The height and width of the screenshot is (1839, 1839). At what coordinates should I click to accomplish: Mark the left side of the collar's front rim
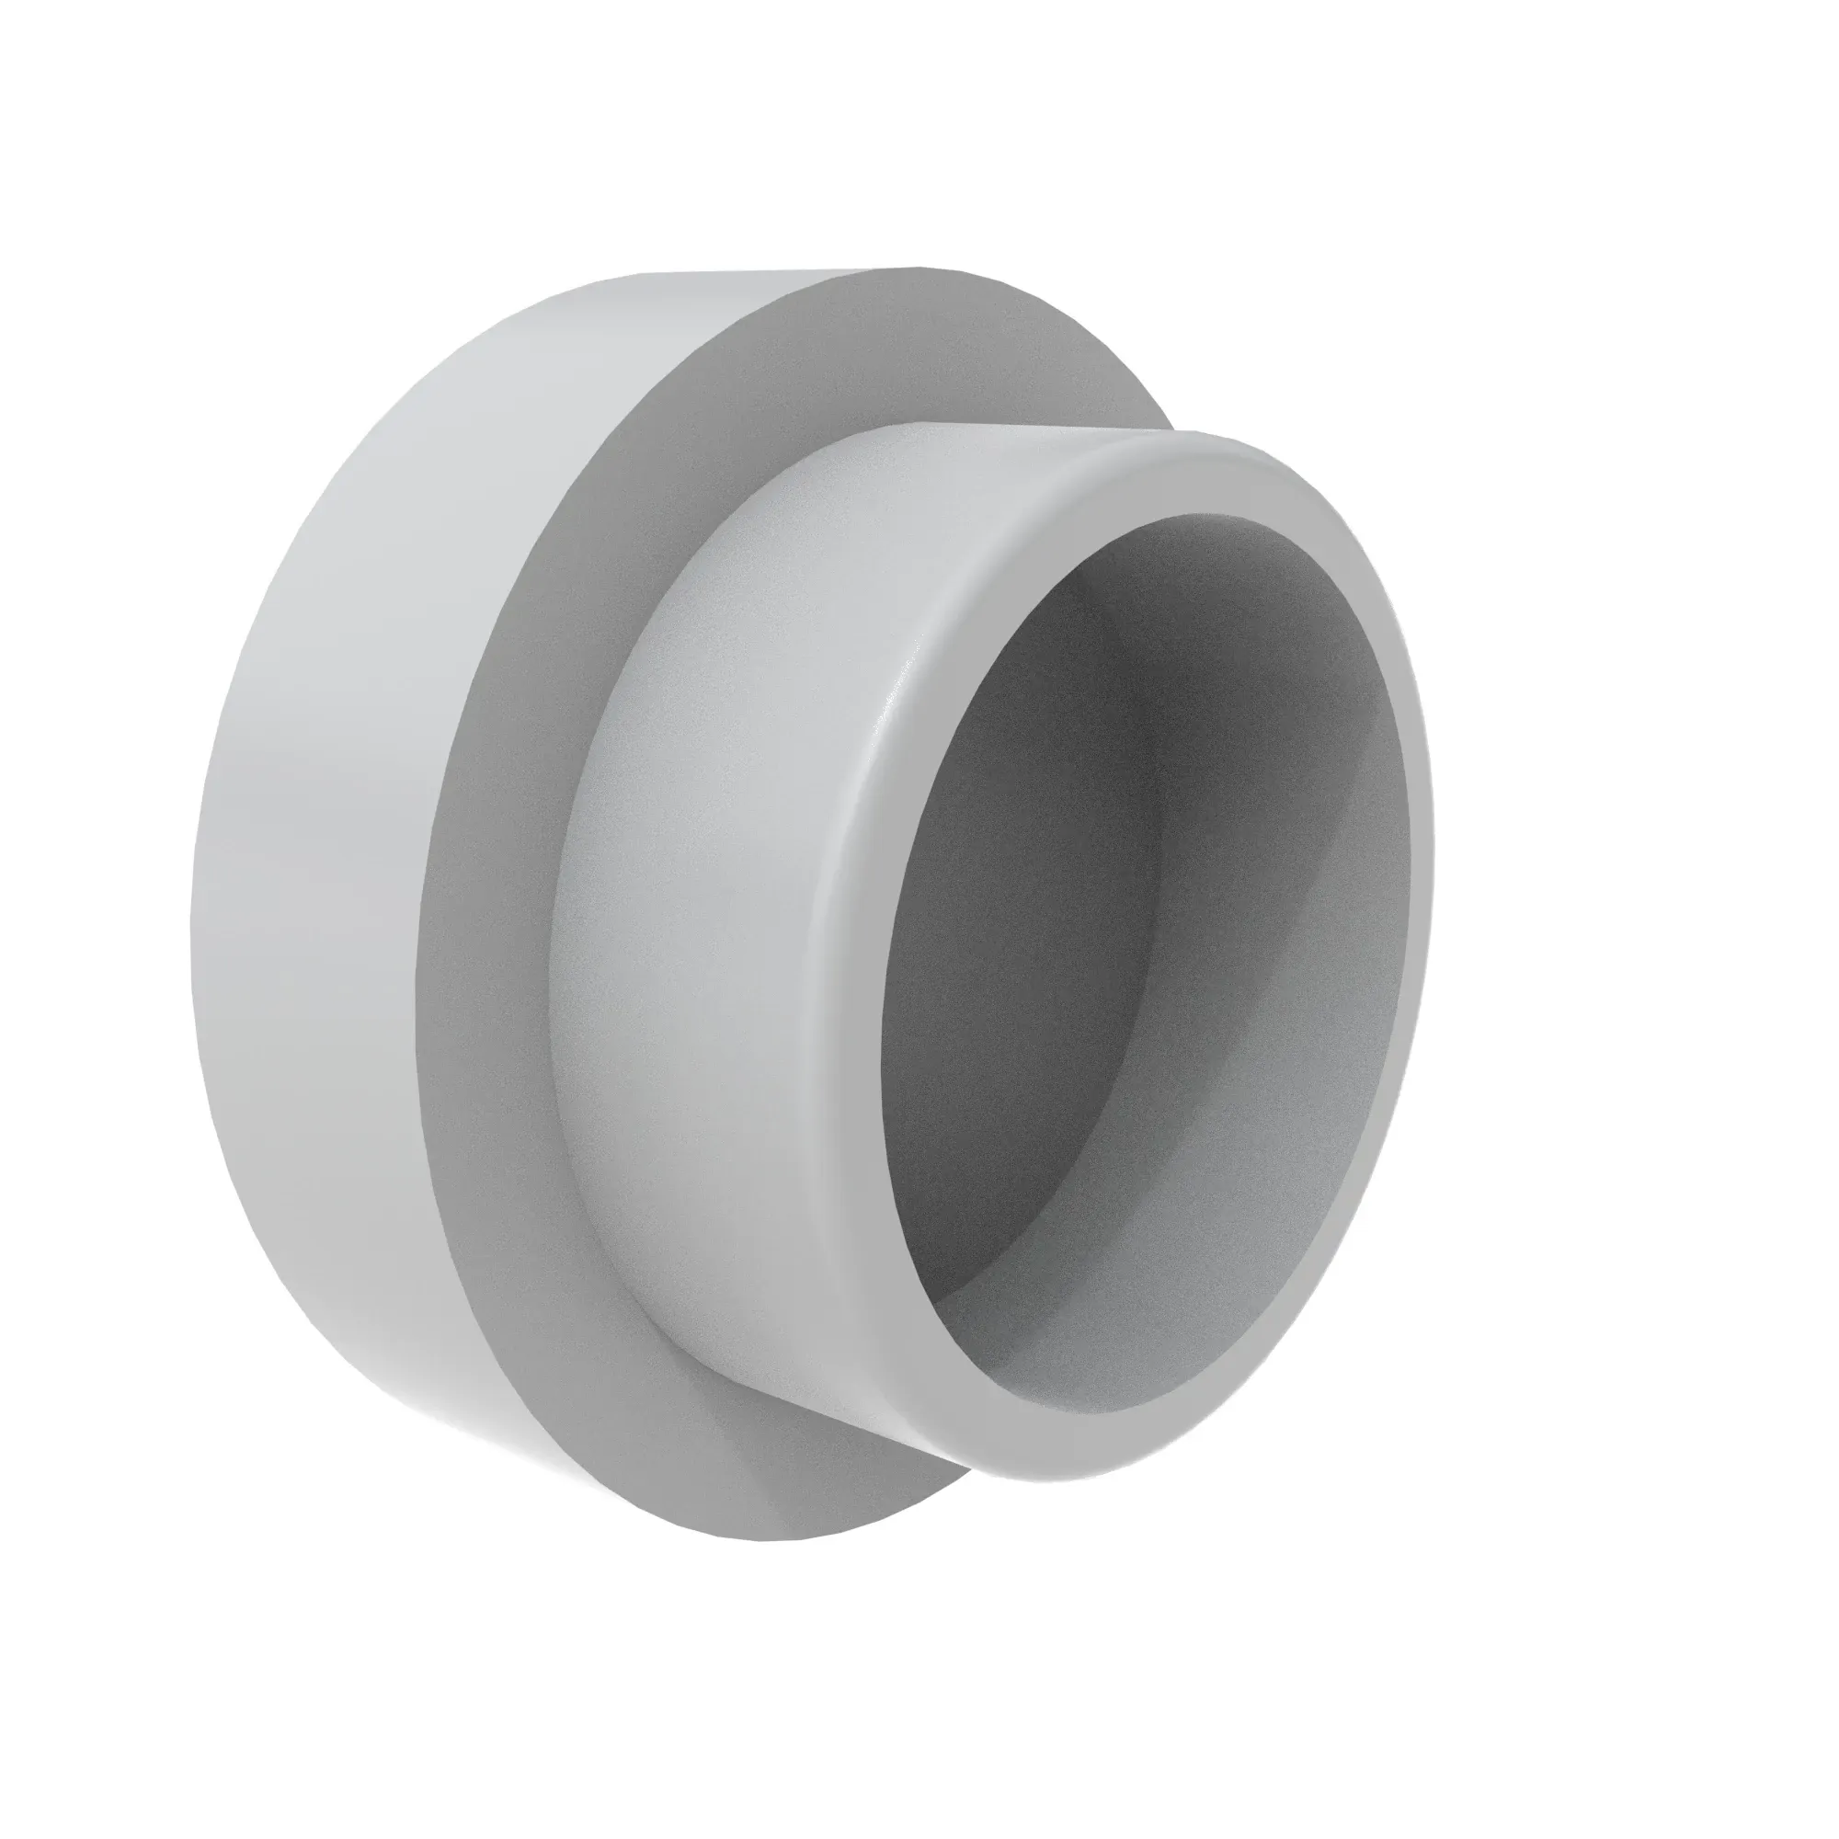tap(847, 952)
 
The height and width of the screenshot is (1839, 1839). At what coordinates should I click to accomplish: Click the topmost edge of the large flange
tap(914, 269)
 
